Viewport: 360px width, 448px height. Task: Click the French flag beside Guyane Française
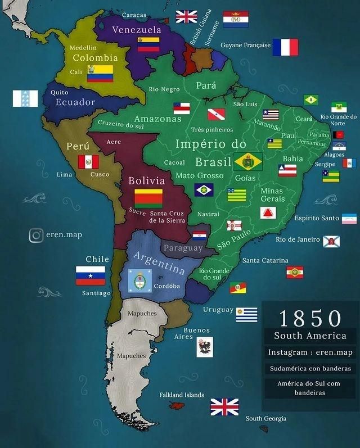tap(285, 47)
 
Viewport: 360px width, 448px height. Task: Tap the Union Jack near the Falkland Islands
tap(224, 406)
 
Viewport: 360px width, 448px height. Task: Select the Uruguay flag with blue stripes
tap(246, 315)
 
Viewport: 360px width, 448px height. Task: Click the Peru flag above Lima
tap(88, 162)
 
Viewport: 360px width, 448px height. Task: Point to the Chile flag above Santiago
tap(91, 275)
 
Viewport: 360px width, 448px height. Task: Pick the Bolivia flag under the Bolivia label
tap(148, 198)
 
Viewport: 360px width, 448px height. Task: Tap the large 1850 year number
tap(310, 318)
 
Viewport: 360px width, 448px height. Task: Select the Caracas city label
tap(134, 15)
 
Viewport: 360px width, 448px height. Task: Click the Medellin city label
tap(83, 48)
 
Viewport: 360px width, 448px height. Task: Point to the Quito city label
tap(59, 92)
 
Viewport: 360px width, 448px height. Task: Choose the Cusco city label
tap(100, 174)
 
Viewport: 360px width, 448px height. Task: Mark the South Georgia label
tap(265, 418)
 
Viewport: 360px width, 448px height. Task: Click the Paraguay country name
tap(183, 248)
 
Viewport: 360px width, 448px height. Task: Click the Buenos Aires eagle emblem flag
tap(204, 347)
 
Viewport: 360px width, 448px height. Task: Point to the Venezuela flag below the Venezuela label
tap(148, 44)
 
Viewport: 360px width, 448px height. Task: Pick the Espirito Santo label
tap(317, 218)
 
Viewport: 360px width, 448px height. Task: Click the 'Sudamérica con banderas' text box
tap(310, 369)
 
